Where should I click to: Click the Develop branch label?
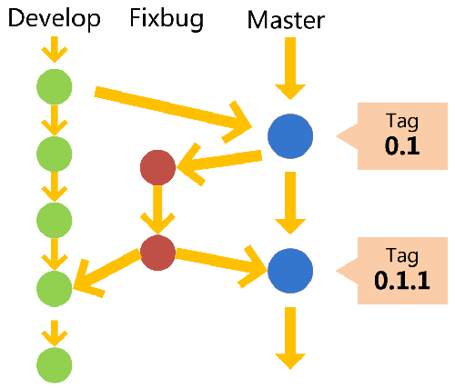click(x=55, y=19)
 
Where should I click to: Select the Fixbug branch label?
click(x=166, y=19)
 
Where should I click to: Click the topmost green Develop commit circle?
click(x=54, y=86)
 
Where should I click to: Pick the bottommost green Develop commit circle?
click(x=54, y=363)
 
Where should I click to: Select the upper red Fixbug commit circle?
click(x=157, y=167)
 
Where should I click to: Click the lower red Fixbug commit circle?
click(x=157, y=253)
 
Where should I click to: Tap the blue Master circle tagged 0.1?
click(x=290, y=137)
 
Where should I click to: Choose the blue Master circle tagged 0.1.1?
click(x=290, y=270)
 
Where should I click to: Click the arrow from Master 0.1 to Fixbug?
click(x=223, y=160)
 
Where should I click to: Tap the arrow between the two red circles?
click(x=157, y=211)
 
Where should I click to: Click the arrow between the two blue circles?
click(x=290, y=202)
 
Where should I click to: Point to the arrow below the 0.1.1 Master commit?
click(x=290, y=336)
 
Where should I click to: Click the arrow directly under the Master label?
click(x=290, y=68)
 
